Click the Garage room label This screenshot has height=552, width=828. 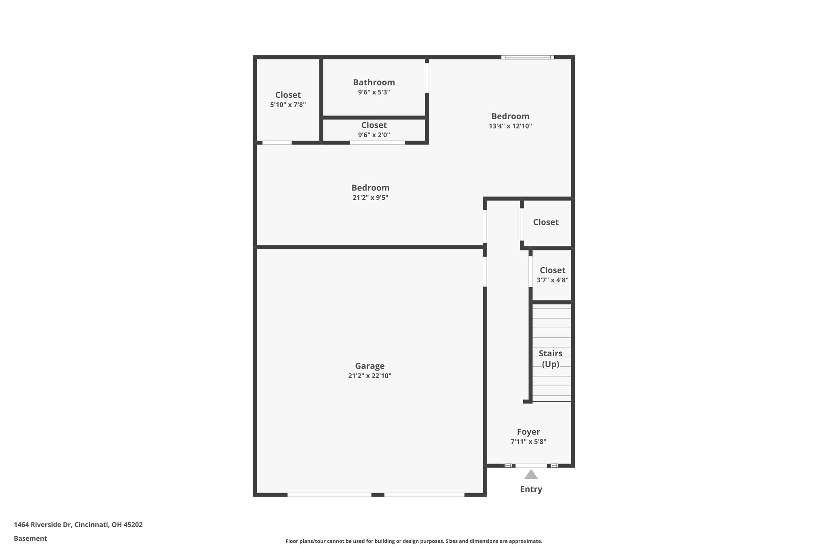click(x=370, y=366)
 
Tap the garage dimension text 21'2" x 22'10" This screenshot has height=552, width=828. click(x=370, y=376)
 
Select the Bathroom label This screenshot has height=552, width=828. click(x=374, y=82)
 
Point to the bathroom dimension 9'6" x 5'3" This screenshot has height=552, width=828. click(x=374, y=92)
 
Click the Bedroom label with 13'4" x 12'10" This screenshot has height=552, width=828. click(x=510, y=116)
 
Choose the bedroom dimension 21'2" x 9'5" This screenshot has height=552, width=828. click(x=370, y=198)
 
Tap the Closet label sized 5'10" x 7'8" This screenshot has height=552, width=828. click(x=288, y=95)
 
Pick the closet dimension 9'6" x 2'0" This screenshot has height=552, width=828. click(x=374, y=135)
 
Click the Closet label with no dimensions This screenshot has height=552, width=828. click(x=546, y=222)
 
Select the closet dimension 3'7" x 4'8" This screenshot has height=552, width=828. click(x=553, y=280)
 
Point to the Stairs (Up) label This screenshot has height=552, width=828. click(x=551, y=359)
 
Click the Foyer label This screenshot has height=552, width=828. click(x=528, y=432)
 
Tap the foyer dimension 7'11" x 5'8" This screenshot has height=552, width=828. click(x=528, y=442)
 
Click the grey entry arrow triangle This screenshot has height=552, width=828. click(x=531, y=475)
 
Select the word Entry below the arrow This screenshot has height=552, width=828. click(x=531, y=489)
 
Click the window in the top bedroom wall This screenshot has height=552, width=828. click(x=528, y=57)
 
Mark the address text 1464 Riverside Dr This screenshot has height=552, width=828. click(x=43, y=525)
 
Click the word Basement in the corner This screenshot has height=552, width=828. click(x=30, y=539)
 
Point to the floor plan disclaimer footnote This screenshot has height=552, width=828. click(x=414, y=541)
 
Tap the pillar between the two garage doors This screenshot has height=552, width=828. click(x=378, y=495)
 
